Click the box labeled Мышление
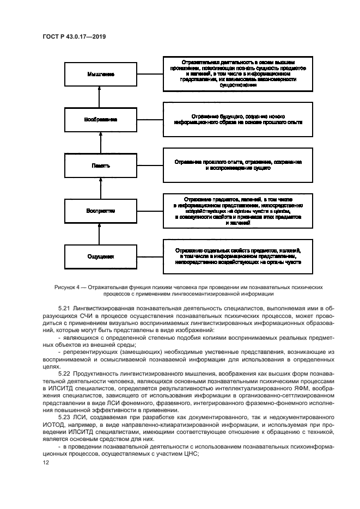click(99, 73)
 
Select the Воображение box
click(99, 119)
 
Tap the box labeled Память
click(99, 164)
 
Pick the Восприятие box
click(99, 210)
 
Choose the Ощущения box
click(99, 255)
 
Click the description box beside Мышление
click(238, 73)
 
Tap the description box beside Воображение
click(238, 119)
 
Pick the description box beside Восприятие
click(238, 210)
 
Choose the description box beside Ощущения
click(238, 255)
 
